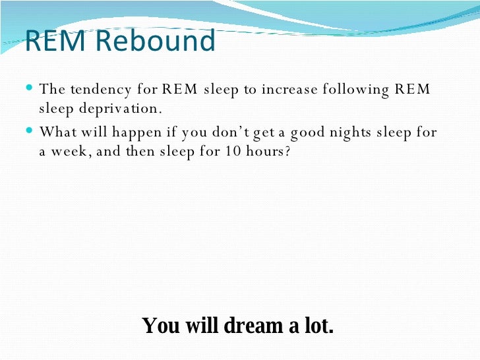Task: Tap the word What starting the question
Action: [x=57, y=131]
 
